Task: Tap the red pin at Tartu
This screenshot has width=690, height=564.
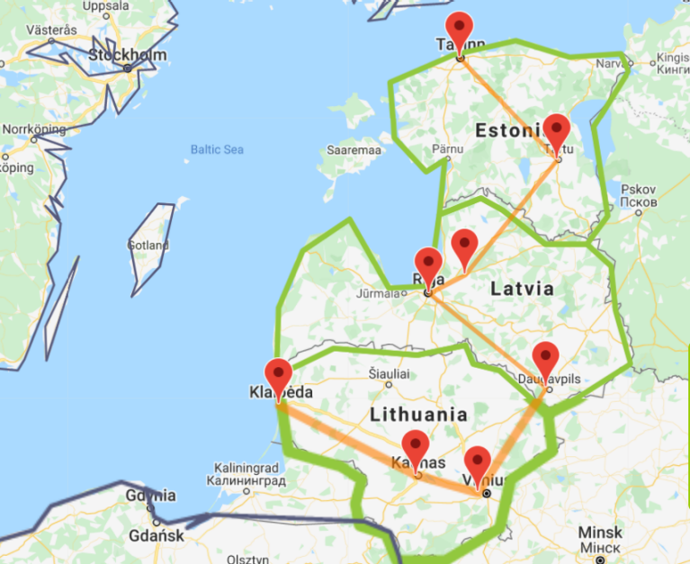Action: (557, 131)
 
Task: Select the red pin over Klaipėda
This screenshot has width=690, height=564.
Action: (279, 375)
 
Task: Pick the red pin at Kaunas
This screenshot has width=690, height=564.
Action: (416, 446)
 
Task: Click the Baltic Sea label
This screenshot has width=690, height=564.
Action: (217, 149)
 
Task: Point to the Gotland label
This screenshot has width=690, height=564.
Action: (148, 245)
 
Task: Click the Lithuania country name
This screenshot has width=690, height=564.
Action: (418, 415)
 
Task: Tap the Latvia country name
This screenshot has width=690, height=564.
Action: (522, 289)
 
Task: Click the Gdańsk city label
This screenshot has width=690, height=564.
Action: (157, 536)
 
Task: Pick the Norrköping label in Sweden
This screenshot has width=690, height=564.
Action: (34, 129)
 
